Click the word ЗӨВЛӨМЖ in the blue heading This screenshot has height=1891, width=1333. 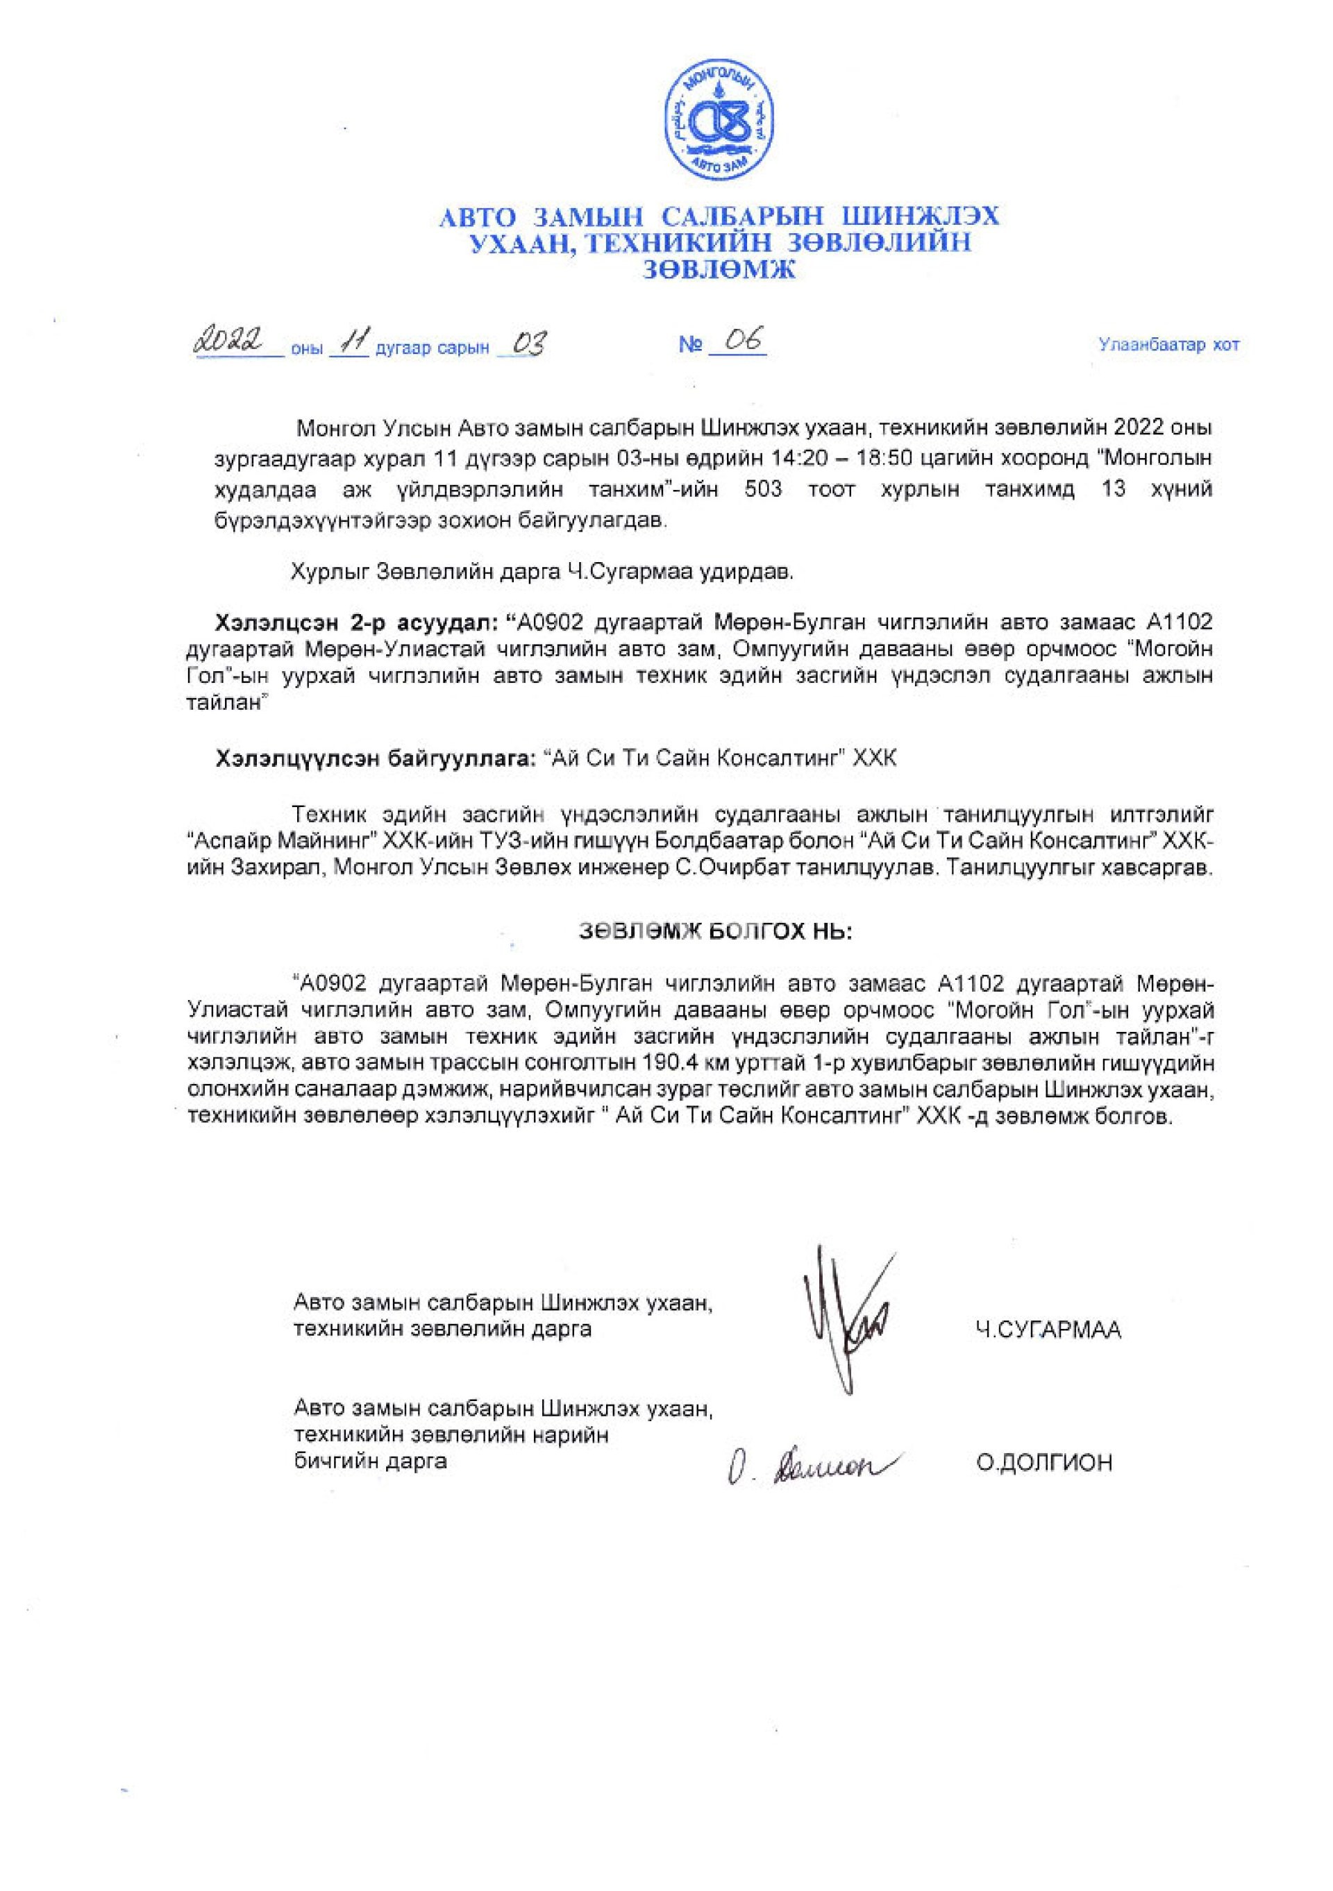tap(720, 269)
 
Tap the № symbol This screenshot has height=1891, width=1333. tap(689, 346)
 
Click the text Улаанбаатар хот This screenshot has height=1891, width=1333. tap(1168, 345)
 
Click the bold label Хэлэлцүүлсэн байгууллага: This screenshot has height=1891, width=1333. tap(375, 758)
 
